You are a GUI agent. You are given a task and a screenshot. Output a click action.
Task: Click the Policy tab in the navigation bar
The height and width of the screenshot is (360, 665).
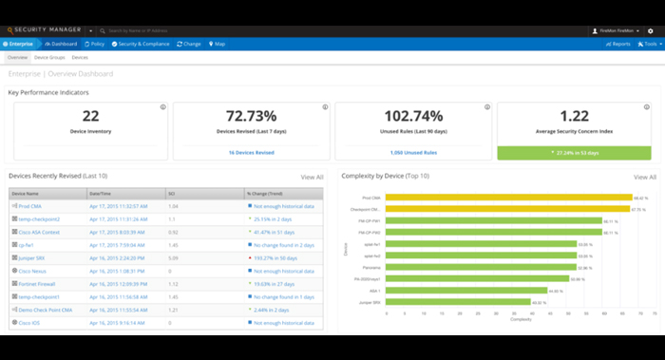(94, 44)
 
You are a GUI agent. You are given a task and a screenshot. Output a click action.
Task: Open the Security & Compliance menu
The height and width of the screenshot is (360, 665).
(142, 44)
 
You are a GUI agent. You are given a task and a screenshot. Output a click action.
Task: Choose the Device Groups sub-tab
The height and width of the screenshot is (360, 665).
(50, 57)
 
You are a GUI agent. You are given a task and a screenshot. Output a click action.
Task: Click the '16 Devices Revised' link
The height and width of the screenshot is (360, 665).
(251, 151)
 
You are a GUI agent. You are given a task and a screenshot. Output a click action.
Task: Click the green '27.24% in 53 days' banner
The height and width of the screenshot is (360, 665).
(574, 151)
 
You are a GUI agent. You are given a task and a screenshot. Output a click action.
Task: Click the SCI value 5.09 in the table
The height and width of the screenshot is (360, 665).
(174, 256)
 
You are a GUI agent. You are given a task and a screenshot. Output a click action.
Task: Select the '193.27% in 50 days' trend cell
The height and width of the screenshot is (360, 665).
(275, 256)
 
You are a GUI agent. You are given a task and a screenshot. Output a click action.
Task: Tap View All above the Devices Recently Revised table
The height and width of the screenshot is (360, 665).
(312, 177)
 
